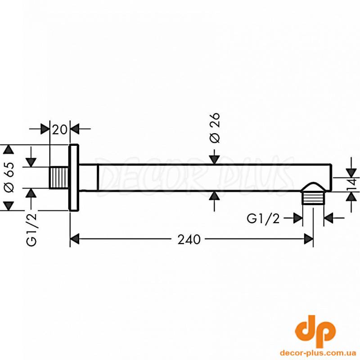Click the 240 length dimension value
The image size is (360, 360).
pyautogui.click(x=189, y=239)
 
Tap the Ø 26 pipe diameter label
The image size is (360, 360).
pyautogui.click(x=215, y=128)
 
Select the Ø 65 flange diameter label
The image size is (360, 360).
pyautogui.click(x=9, y=177)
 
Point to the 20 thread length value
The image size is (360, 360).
pyautogui.click(x=60, y=130)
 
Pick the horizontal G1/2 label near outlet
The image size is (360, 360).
pyautogui.click(x=263, y=219)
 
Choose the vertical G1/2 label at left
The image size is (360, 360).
pyautogui.click(x=31, y=229)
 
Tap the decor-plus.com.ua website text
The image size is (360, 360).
pyautogui.click(x=318, y=353)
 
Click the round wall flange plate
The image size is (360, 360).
pyautogui.click(x=74, y=177)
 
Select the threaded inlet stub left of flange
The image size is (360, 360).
pyautogui.click(x=59, y=178)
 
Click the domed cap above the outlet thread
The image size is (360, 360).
pyautogui.click(x=313, y=187)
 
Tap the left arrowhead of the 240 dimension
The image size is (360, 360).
pyautogui.click(x=75, y=239)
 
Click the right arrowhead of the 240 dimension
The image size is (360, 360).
pyautogui.click(x=308, y=239)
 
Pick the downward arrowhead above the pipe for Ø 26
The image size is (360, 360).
pyautogui.click(x=215, y=160)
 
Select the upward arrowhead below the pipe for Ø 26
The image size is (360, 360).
pyautogui.click(x=215, y=196)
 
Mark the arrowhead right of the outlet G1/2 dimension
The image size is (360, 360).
pyautogui.click(x=328, y=218)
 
